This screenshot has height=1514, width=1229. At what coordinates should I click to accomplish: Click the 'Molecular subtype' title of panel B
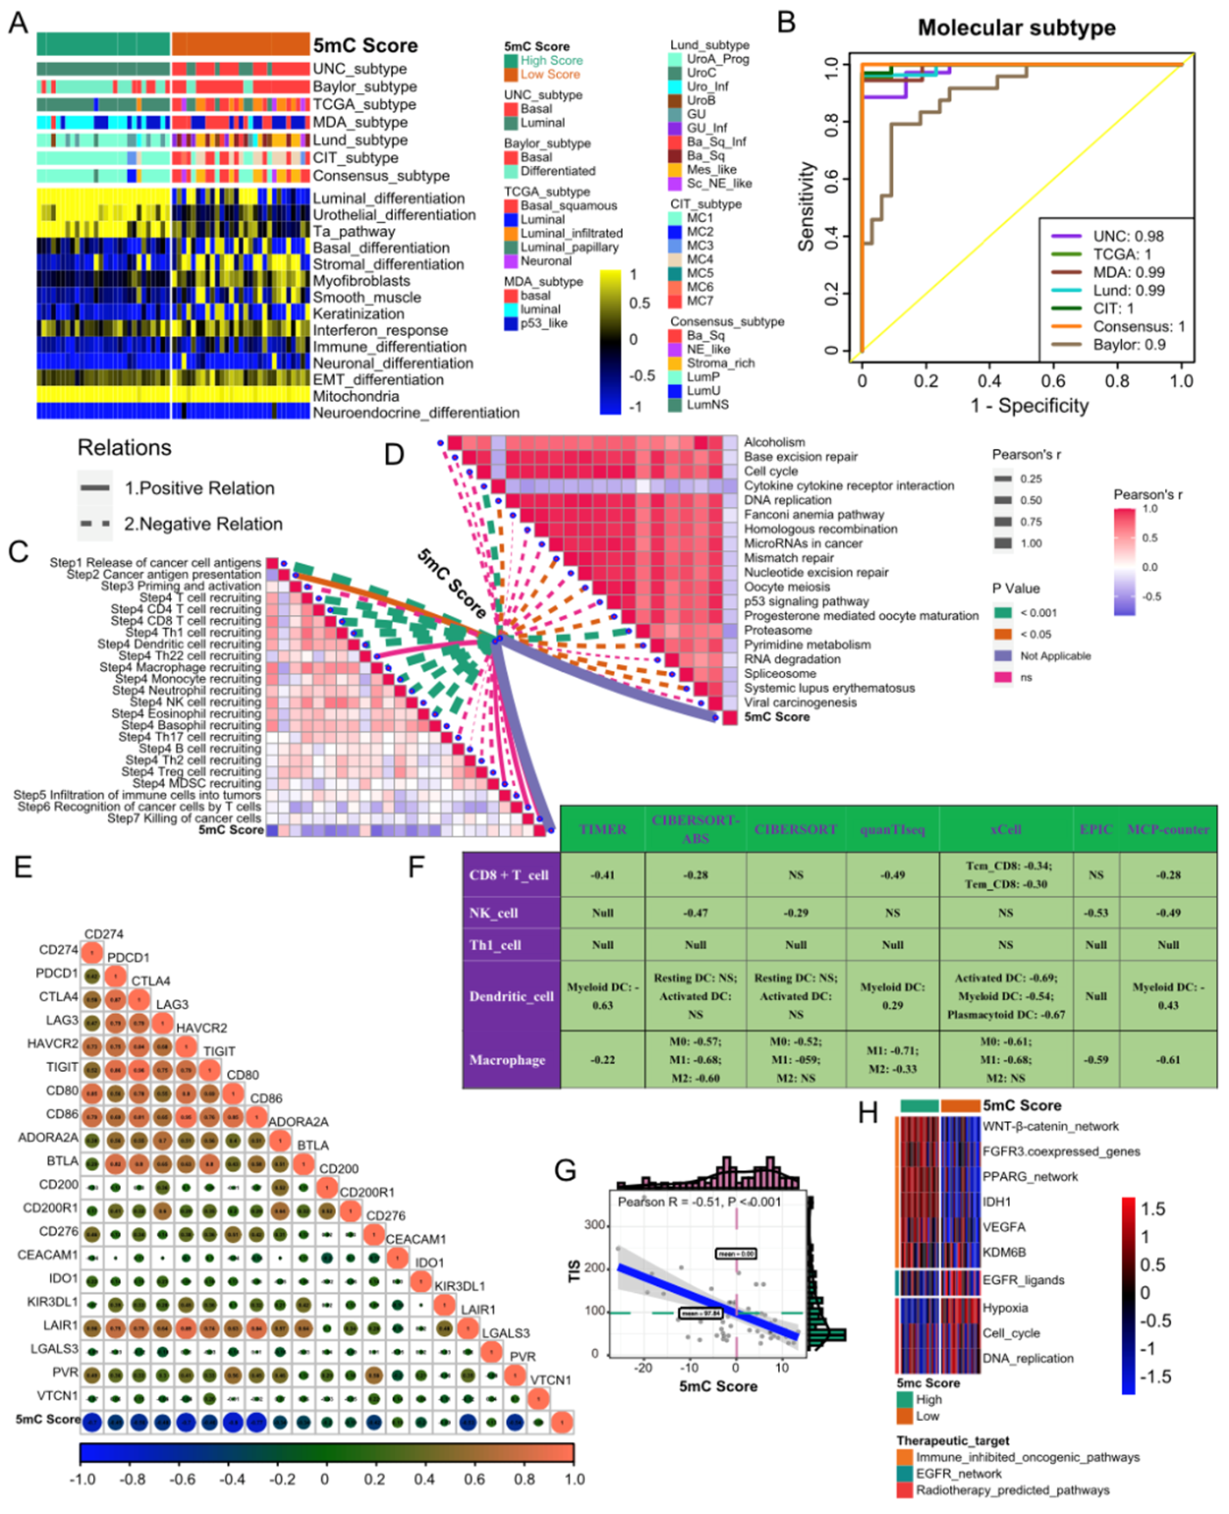(1016, 28)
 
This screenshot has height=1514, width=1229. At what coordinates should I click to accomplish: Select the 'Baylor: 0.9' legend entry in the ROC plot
(1129, 345)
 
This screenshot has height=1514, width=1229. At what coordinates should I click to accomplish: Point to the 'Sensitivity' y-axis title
(806, 207)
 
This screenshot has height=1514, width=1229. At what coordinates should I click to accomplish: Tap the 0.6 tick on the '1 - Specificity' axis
(1054, 381)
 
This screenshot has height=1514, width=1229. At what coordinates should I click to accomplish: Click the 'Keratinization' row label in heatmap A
(358, 314)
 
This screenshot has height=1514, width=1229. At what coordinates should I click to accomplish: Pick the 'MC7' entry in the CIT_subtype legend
(700, 301)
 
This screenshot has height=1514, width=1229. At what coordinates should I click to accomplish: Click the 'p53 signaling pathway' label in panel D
(806, 602)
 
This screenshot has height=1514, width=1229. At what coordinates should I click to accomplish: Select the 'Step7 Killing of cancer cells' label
(184, 818)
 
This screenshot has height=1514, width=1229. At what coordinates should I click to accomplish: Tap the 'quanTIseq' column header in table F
(892, 830)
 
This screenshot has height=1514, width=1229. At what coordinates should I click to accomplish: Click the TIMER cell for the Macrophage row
(603, 1060)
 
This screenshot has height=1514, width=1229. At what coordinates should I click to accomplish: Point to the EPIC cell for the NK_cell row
(1096, 913)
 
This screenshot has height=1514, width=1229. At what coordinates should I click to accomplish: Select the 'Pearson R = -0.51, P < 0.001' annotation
(699, 1202)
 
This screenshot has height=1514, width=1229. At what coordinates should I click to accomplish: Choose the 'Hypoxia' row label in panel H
(1005, 1308)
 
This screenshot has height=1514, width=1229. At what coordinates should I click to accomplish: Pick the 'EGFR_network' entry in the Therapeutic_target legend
(959, 1474)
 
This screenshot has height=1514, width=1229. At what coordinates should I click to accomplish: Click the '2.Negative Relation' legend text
(204, 525)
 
